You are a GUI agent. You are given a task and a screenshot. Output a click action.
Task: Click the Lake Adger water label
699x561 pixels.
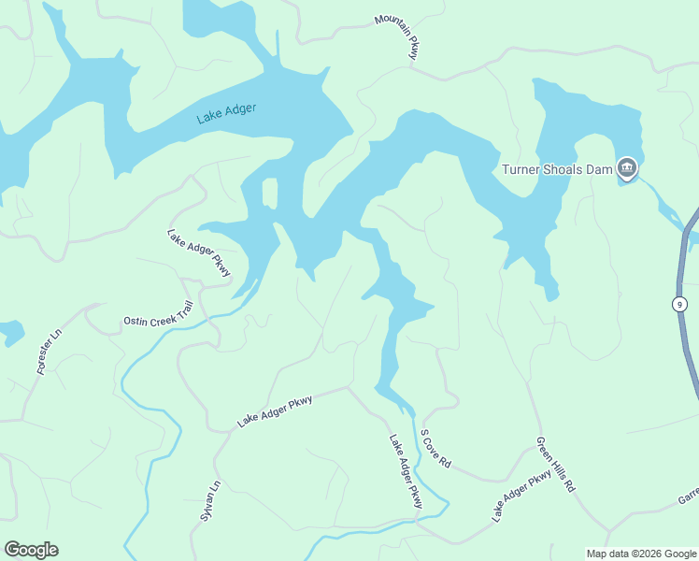point(226,114)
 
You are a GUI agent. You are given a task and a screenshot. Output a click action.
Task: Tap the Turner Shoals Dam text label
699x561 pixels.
point(557,169)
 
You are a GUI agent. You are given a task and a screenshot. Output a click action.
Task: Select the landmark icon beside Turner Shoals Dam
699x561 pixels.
point(626,169)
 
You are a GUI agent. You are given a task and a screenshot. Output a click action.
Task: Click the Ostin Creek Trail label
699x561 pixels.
point(158,314)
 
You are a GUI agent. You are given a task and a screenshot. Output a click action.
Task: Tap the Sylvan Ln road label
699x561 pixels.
point(209,501)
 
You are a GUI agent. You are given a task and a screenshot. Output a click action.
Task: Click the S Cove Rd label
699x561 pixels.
point(435,449)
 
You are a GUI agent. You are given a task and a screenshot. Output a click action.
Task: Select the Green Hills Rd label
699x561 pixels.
point(556,465)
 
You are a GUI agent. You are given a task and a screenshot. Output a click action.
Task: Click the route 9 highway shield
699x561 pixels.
point(678,304)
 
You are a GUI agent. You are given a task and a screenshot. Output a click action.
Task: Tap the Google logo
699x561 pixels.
point(31,550)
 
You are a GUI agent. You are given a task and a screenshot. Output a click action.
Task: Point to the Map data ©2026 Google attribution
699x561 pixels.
point(641,554)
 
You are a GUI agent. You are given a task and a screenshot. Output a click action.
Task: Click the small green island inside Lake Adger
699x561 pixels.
point(269,193)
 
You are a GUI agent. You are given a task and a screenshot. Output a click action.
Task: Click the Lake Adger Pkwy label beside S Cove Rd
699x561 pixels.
point(407,472)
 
